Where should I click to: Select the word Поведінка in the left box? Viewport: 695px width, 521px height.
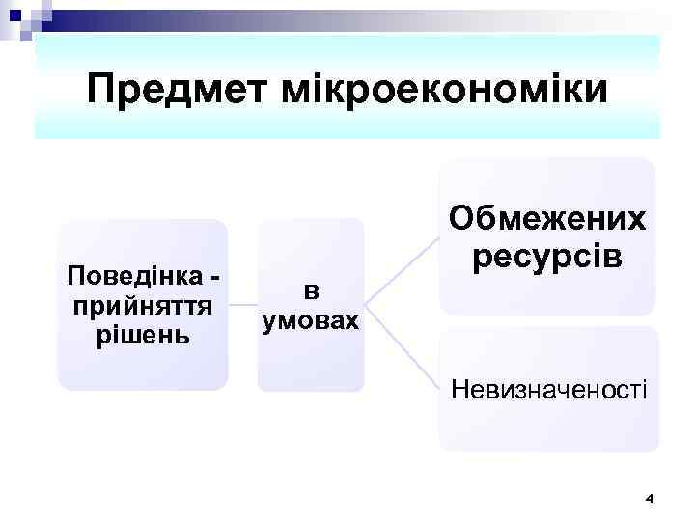click(x=134, y=277)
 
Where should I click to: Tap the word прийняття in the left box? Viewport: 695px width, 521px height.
click(x=142, y=306)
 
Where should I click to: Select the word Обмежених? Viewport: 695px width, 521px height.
click(x=547, y=220)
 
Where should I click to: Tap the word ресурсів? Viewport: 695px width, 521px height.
click(x=547, y=258)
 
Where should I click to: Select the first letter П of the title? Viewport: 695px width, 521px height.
click(x=100, y=90)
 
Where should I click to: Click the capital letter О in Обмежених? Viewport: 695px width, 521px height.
click(x=461, y=220)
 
